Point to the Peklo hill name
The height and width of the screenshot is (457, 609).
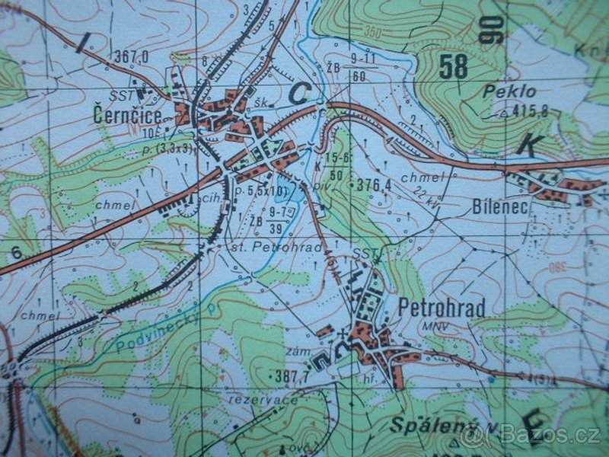click(510, 91)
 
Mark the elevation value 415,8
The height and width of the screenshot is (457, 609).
click(532, 112)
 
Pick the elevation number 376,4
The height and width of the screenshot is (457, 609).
click(374, 184)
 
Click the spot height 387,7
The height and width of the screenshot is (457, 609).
click(292, 376)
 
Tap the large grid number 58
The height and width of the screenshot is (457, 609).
click(453, 67)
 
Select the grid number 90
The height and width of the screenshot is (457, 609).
click(492, 30)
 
